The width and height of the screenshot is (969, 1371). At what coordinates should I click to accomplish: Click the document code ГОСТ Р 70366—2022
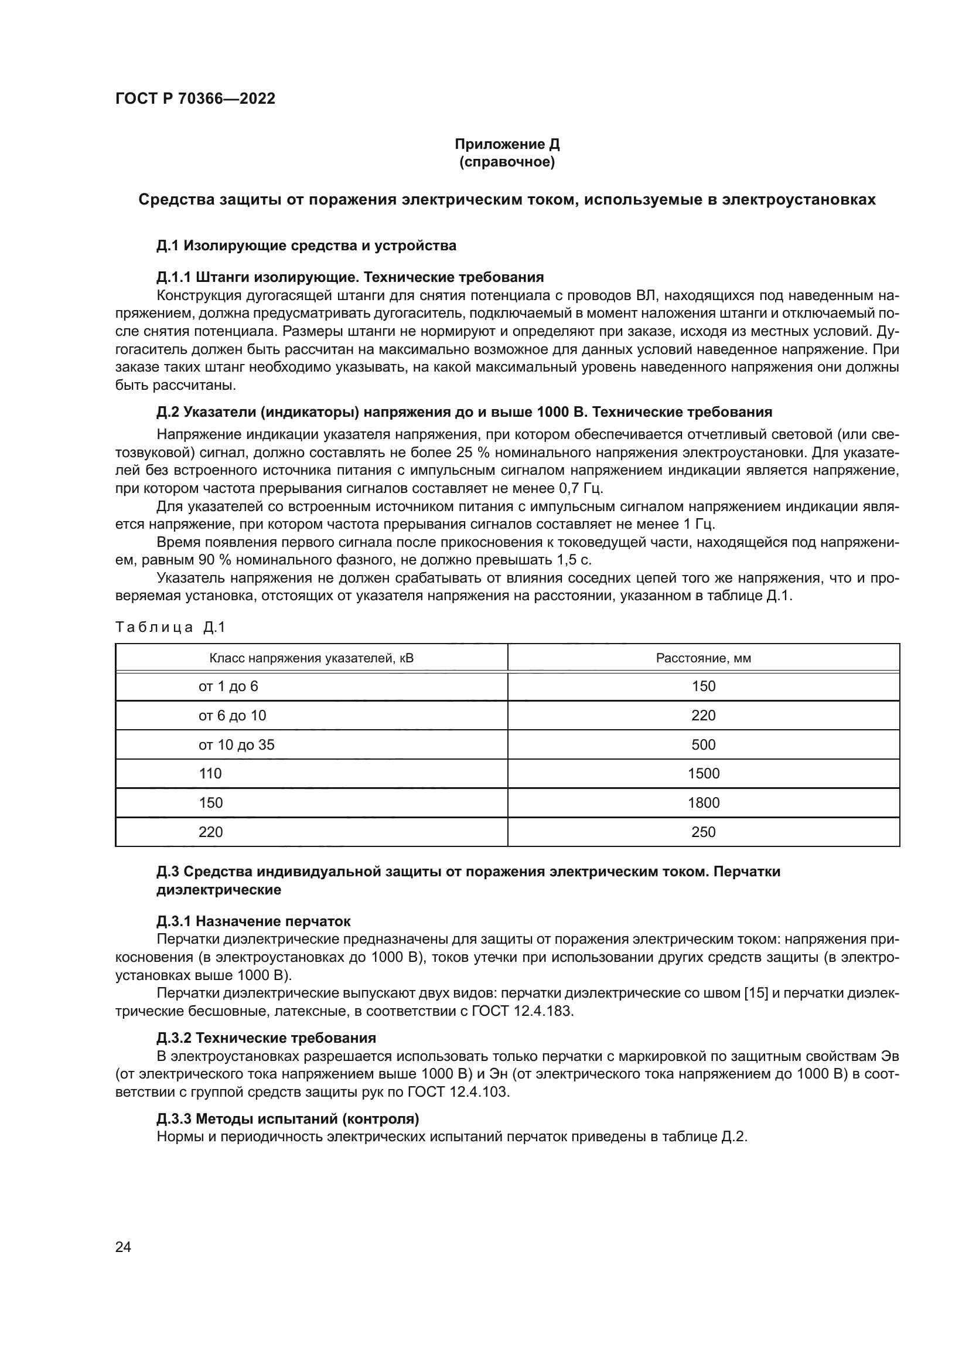pos(195,98)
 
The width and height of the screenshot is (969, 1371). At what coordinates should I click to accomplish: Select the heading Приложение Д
pos(507,144)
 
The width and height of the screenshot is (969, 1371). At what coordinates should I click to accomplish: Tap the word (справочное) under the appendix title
pos(507,162)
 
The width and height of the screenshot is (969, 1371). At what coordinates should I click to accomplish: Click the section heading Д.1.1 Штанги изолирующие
pos(350,277)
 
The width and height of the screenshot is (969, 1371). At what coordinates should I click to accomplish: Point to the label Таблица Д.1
pos(170,627)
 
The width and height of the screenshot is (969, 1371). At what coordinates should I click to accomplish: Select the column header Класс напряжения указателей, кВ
pos(311,659)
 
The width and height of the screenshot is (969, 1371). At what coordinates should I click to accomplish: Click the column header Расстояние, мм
pos(703,659)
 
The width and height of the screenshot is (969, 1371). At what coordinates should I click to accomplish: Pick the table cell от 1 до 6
pos(228,686)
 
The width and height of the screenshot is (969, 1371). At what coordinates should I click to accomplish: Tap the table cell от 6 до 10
pos(232,715)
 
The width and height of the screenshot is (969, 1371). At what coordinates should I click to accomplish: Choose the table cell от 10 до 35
pos(236,744)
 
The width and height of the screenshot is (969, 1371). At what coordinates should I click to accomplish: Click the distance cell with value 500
pos(703,744)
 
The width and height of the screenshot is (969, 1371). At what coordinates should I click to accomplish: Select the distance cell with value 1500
pos(703,774)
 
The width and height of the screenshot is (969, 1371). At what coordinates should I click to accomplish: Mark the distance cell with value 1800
pos(703,802)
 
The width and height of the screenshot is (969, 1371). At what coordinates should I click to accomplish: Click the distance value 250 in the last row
pos(703,832)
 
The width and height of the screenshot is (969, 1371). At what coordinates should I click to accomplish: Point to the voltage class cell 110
pos(210,774)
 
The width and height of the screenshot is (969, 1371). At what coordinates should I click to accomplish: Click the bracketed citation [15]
pos(756,993)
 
